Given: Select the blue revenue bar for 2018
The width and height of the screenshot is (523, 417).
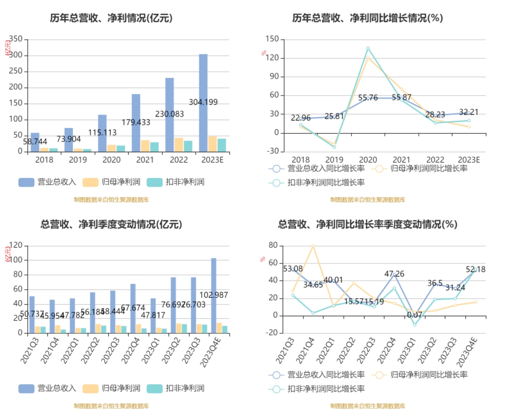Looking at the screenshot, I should (x=35, y=142).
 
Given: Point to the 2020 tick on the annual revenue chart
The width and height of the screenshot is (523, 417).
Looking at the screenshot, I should (x=112, y=160).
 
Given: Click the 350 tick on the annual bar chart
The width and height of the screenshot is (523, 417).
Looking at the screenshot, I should (x=16, y=39).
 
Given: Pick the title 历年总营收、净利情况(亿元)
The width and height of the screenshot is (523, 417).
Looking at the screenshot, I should (x=111, y=18).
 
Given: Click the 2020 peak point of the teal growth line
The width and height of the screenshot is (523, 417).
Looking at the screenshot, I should (x=368, y=48).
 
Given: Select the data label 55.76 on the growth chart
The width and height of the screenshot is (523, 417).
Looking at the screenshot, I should (x=368, y=98).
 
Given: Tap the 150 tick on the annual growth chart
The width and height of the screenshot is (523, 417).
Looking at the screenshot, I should (x=272, y=39).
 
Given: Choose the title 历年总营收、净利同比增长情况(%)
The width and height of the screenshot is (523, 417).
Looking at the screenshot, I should (x=368, y=18).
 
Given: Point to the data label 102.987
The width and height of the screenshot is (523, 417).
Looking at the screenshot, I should (x=214, y=295).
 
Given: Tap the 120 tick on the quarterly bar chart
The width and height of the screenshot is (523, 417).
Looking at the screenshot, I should (x=16, y=245).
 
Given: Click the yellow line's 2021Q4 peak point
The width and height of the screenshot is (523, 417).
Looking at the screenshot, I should (x=313, y=246).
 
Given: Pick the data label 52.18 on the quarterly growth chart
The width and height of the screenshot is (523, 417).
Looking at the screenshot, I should (x=475, y=269).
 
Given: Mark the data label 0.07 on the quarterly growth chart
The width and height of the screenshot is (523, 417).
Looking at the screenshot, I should (x=414, y=315).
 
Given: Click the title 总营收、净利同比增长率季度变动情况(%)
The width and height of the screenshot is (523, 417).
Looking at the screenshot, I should (x=368, y=225).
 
